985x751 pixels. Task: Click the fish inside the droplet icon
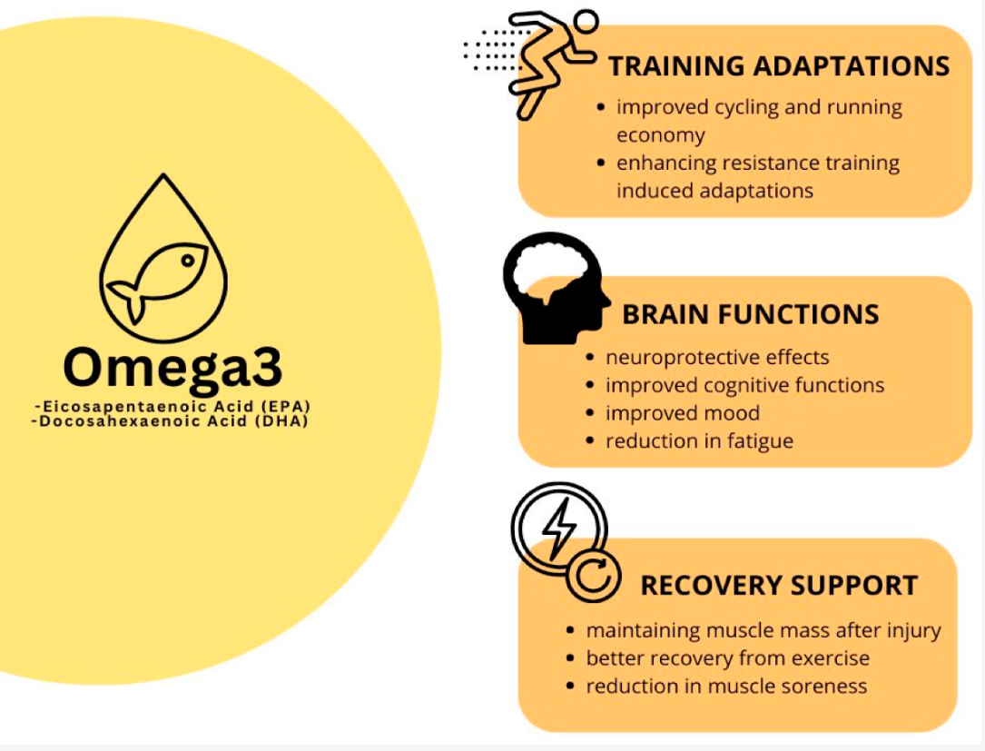159,283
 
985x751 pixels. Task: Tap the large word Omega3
172,366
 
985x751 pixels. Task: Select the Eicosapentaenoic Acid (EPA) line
177,405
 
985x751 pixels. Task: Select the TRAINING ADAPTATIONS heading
778,66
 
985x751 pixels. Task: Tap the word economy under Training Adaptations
660,135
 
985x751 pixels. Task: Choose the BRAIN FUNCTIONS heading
750,314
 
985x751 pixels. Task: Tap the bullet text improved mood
683,413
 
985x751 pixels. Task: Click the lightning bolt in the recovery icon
557,526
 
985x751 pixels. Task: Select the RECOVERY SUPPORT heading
779,586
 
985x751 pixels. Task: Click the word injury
911,630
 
